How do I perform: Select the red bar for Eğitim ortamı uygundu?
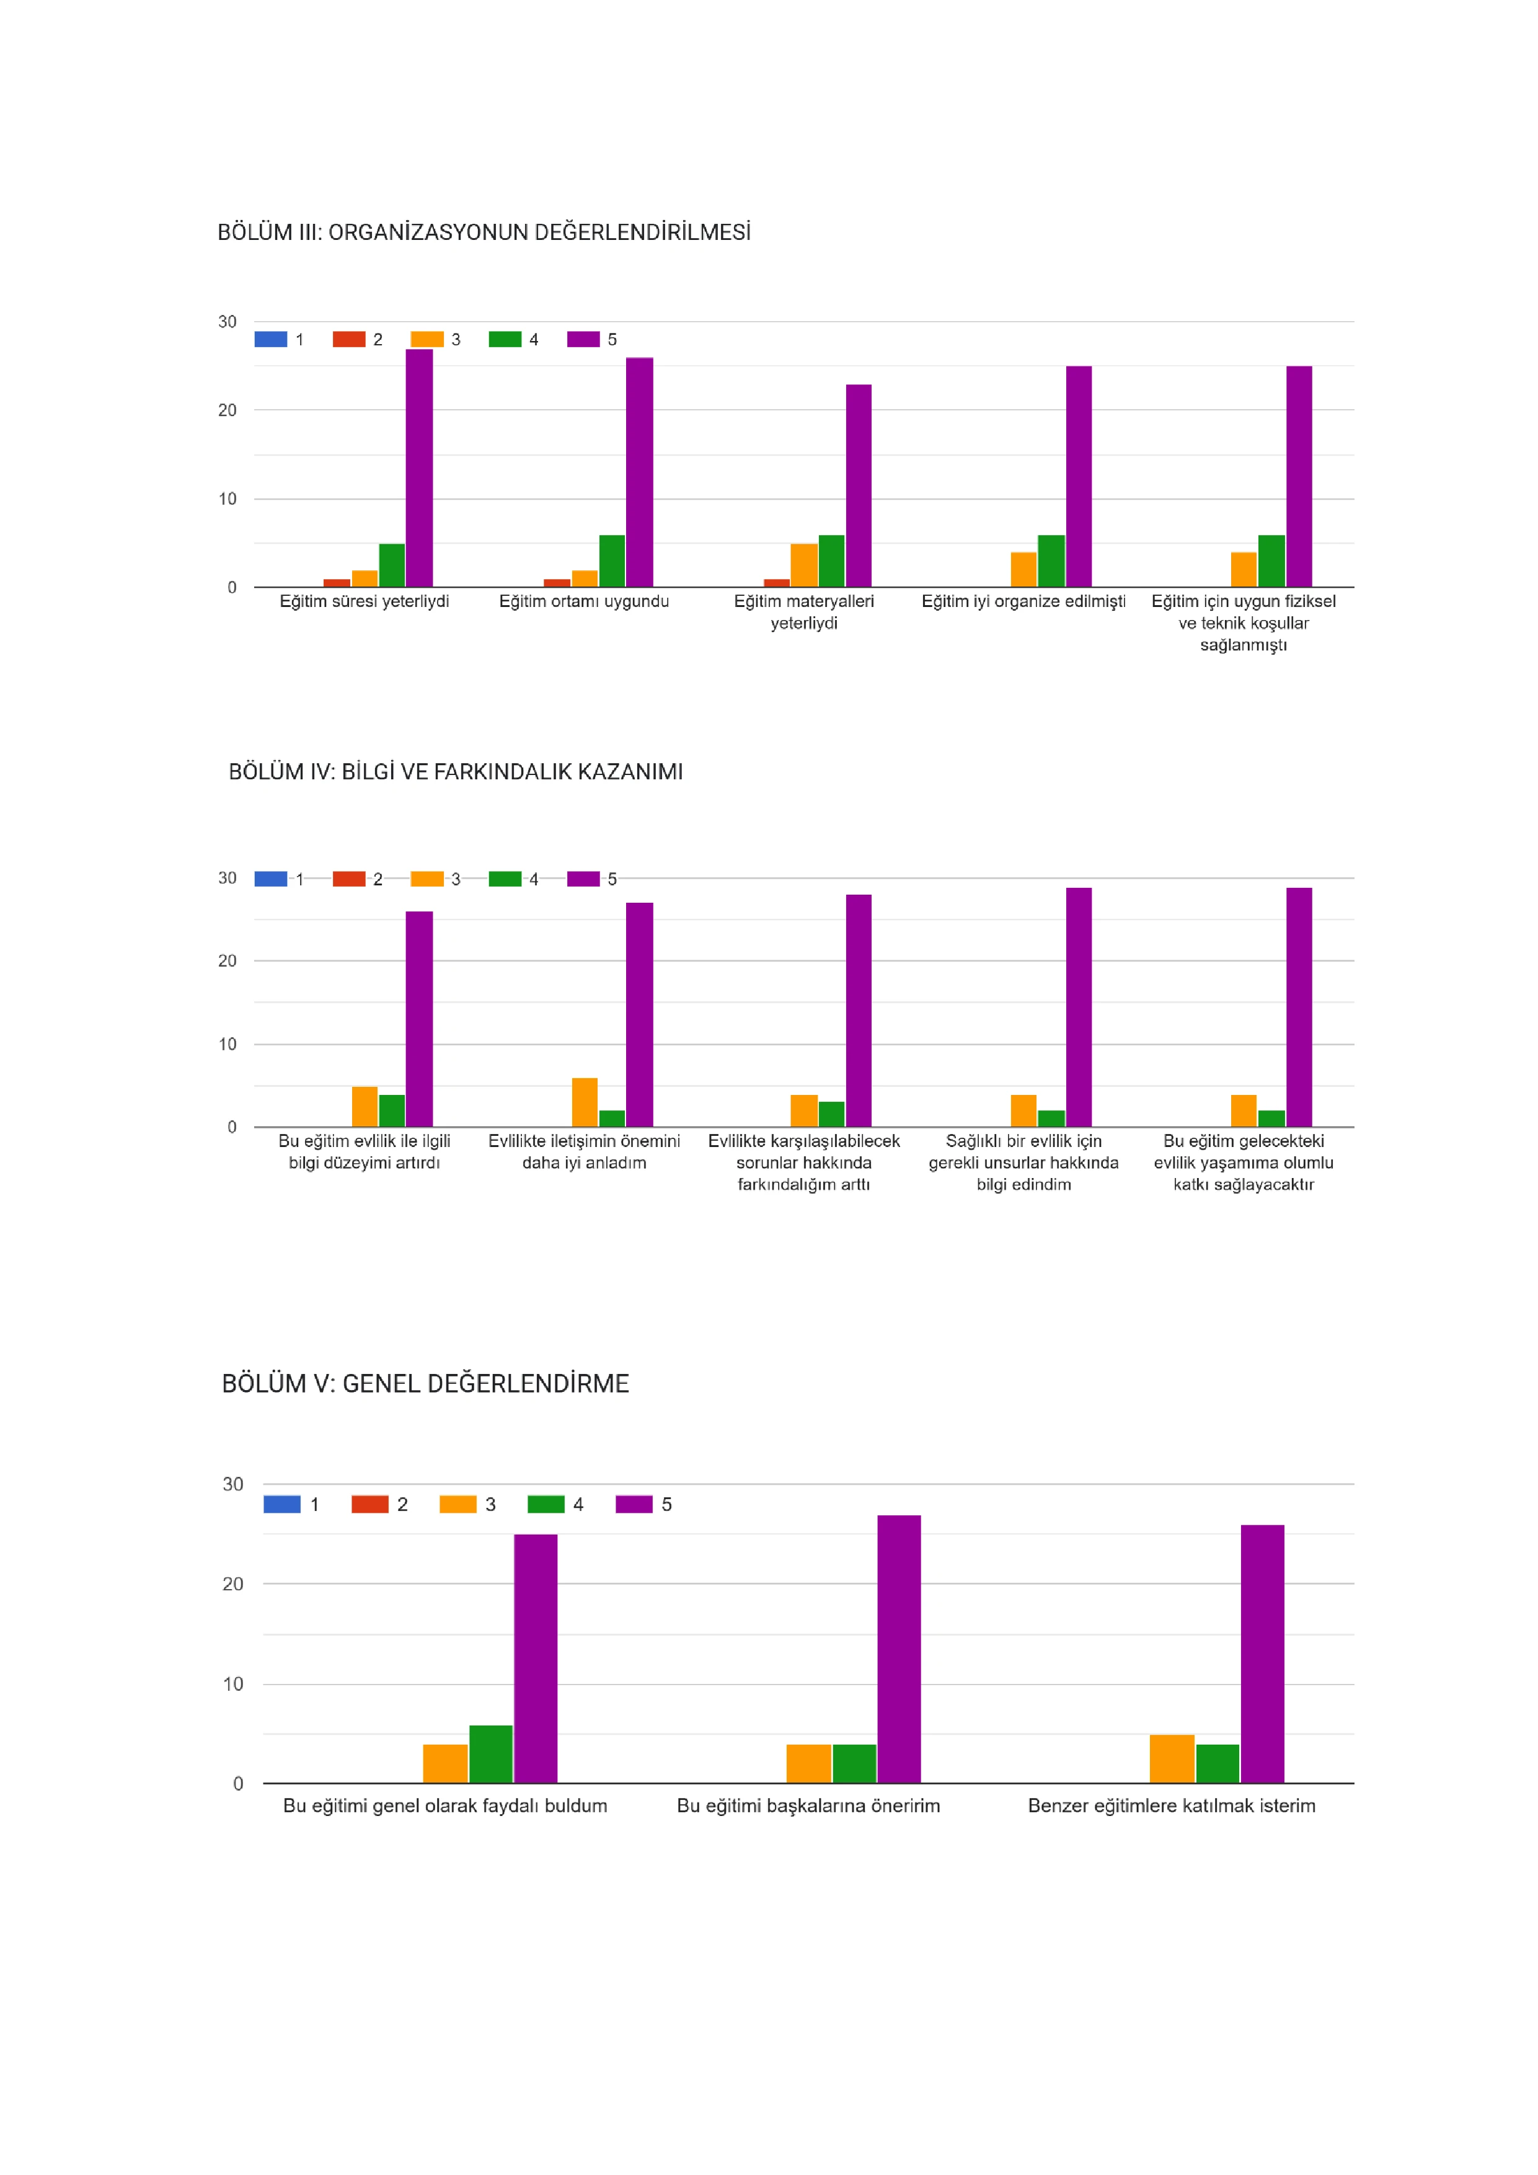(557, 583)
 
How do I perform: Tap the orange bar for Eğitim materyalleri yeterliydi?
(804, 565)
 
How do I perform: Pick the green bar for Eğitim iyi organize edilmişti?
(1051, 561)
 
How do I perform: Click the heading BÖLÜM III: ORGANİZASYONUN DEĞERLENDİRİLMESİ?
(484, 232)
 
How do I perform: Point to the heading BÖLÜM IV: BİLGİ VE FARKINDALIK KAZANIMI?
(456, 772)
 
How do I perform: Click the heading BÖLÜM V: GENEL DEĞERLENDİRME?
(425, 1384)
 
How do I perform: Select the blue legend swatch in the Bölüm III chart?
(271, 339)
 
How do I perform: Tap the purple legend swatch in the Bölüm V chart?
(634, 1504)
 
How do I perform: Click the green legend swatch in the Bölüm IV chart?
(505, 879)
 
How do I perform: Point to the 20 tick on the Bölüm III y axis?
(228, 410)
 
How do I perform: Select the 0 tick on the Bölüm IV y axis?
(232, 1127)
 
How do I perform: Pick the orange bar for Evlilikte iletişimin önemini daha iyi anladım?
(585, 1102)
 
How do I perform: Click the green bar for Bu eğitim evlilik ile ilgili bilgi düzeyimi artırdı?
(392, 1111)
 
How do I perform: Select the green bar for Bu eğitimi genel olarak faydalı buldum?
(490, 1755)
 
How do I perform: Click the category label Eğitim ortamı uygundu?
(585, 601)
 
